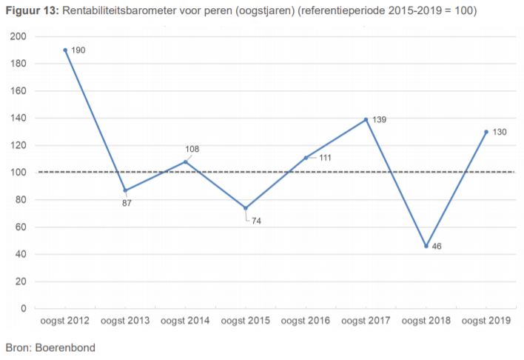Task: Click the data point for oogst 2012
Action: pyautogui.click(x=65, y=50)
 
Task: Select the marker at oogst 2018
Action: pyautogui.click(x=426, y=246)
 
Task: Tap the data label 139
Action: pyautogui.click(x=379, y=119)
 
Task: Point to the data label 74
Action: pyautogui.click(x=256, y=221)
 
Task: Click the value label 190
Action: pyautogui.click(x=78, y=50)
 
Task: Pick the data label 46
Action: pyautogui.click(x=437, y=246)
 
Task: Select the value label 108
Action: pyautogui.click(x=192, y=149)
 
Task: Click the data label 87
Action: pyautogui.click(x=127, y=203)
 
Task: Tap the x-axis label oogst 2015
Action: pyautogui.click(x=246, y=321)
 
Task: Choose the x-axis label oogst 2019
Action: pyautogui.click(x=486, y=321)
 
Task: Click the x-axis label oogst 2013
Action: pyautogui.click(x=125, y=321)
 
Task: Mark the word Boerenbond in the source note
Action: pyautogui.click(x=64, y=347)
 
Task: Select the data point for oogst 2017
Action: pyautogui.click(x=366, y=119)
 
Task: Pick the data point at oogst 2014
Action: pyautogui.click(x=186, y=161)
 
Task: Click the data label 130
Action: pyautogui.click(x=500, y=131)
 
